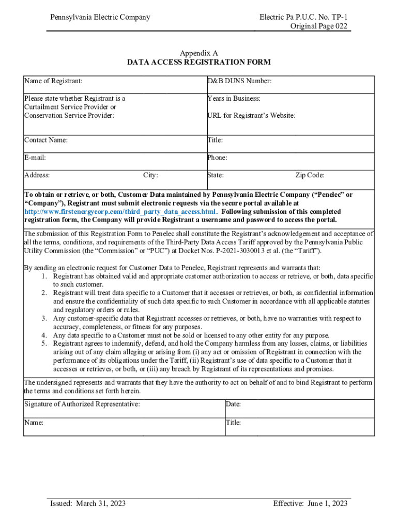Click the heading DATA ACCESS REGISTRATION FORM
click(x=199, y=63)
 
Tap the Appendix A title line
click(x=199, y=53)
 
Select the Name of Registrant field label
click(x=53, y=81)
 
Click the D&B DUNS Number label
click(x=239, y=81)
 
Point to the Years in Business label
click(x=234, y=98)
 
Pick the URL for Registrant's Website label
click(x=251, y=116)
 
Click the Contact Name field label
click(x=46, y=140)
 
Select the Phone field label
click(x=217, y=158)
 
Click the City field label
click(x=150, y=175)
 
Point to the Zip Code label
click(x=310, y=175)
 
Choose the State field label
click(x=216, y=175)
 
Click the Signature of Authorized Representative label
click(x=82, y=404)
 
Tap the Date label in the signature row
click(x=233, y=404)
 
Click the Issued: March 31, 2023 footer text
click(x=87, y=503)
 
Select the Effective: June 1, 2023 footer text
click(x=310, y=503)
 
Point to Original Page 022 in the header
click(x=318, y=26)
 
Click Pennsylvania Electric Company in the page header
click(x=100, y=17)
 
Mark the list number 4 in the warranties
click(x=45, y=335)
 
